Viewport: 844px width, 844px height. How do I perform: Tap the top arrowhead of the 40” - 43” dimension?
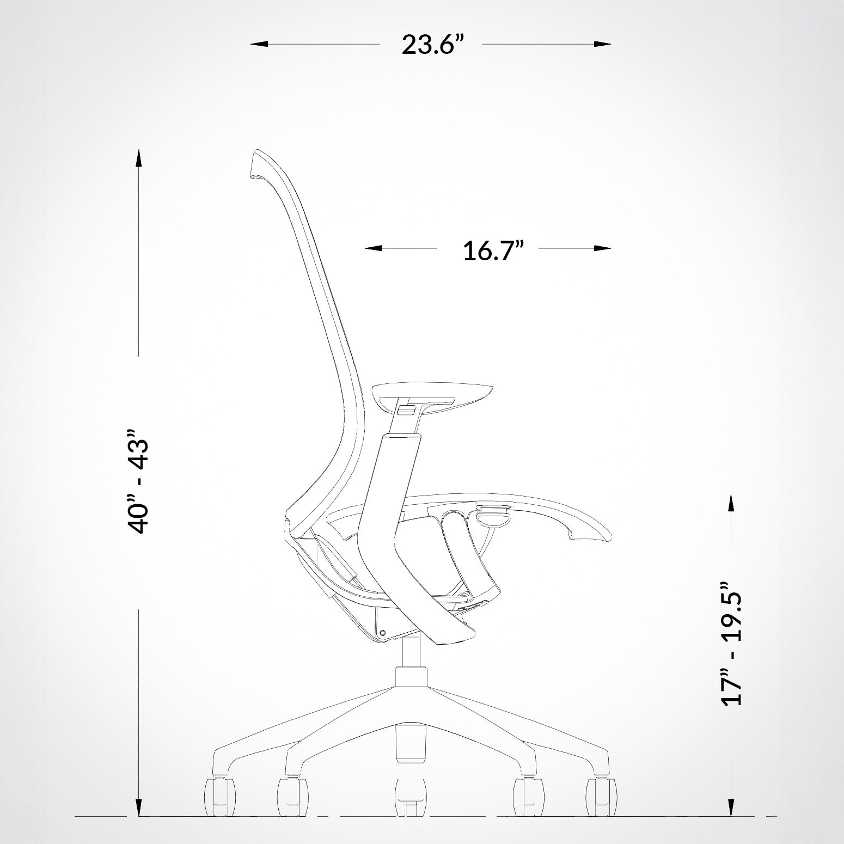click(x=139, y=157)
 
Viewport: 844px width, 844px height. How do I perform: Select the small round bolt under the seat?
click(x=382, y=633)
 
